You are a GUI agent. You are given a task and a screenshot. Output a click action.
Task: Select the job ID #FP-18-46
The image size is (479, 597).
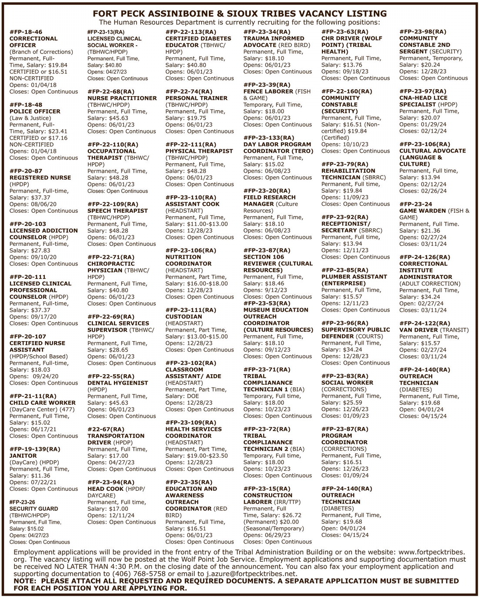click(26, 32)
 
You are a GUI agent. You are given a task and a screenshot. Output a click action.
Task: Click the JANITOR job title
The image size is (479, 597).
click(23, 456)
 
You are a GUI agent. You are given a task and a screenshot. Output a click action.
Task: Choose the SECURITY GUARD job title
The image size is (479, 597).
click(33, 509)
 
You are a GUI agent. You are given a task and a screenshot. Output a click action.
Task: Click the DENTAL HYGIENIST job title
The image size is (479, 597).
click(117, 383)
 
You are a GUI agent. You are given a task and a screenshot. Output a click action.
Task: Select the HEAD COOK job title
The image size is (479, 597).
click(106, 489)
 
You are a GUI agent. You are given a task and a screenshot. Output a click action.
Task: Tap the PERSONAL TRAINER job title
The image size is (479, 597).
click(196, 98)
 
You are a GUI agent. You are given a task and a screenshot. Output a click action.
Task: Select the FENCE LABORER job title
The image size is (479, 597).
click(268, 91)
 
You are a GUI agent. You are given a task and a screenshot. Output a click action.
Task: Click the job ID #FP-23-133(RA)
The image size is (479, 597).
click(269, 138)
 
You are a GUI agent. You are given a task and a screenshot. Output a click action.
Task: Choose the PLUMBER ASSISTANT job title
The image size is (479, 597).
click(354, 277)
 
